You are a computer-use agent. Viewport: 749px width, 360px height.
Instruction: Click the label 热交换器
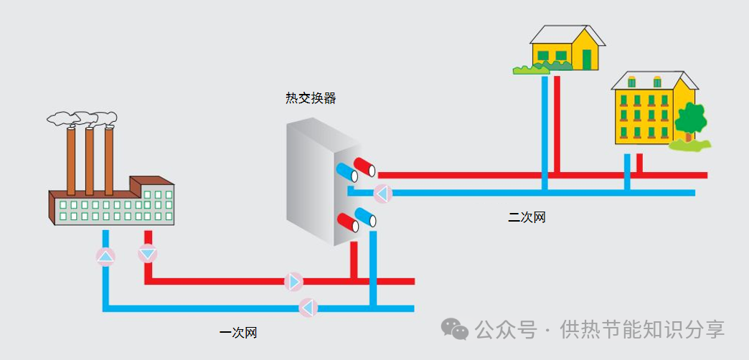311,99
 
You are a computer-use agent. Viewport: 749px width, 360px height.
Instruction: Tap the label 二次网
527,218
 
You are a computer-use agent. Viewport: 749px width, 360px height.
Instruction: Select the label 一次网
238,332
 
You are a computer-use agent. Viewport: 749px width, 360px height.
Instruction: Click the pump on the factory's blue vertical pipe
105,257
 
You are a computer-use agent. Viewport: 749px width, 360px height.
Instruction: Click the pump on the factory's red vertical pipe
148,253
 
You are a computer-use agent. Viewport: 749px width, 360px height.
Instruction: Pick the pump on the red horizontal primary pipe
293,282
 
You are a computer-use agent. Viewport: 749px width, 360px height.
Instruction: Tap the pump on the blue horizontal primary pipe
308,308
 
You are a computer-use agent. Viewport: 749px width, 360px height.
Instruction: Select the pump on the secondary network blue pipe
382,194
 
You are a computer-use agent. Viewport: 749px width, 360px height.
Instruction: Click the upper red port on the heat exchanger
364,167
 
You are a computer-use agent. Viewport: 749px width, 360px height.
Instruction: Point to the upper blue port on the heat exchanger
347,172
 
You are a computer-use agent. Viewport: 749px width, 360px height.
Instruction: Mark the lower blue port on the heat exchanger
365,217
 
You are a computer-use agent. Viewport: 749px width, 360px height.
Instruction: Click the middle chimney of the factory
90,161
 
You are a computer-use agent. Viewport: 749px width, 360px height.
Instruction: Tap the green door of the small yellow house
587,59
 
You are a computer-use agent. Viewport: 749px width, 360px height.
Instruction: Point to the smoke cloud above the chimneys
83,118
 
